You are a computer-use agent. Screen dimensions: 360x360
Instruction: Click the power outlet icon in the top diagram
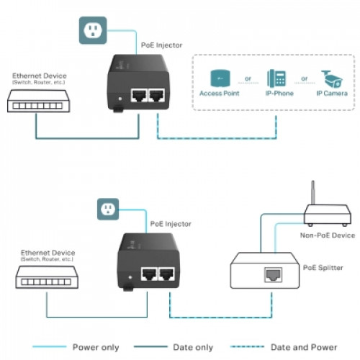click(x=93, y=30)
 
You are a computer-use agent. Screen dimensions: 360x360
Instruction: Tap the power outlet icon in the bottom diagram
click(x=108, y=209)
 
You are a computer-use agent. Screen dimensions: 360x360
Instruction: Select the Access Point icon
click(x=220, y=78)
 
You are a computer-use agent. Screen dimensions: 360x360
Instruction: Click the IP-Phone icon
click(x=276, y=78)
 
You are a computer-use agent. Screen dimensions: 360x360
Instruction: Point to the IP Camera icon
click(x=332, y=78)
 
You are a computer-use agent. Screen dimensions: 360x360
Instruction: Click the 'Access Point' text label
click(x=220, y=94)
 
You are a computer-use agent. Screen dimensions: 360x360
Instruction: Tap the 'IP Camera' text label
click(x=332, y=94)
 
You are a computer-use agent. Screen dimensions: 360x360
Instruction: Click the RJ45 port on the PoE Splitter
click(x=274, y=275)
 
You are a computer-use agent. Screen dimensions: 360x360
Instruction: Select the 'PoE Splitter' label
click(x=323, y=268)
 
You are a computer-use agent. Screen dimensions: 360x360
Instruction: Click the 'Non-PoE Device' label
click(x=328, y=235)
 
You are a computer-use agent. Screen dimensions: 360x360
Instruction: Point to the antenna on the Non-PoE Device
click(x=312, y=192)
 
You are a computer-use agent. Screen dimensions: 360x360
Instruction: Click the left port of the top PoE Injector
click(x=139, y=95)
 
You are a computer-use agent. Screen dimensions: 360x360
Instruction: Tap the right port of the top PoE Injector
click(x=157, y=95)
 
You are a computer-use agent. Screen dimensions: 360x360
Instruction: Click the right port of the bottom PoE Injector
click(x=166, y=274)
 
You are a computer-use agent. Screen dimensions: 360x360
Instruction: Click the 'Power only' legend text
click(x=96, y=347)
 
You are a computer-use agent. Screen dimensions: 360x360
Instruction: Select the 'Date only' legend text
click(x=193, y=347)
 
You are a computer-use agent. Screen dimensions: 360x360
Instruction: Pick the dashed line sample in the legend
click(x=247, y=346)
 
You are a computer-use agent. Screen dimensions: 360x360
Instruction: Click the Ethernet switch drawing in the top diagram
click(x=38, y=101)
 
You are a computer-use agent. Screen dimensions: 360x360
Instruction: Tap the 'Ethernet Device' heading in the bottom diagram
click(x=48, y=253)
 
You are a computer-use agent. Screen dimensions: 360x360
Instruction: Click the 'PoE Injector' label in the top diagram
click(x=161, y=45)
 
